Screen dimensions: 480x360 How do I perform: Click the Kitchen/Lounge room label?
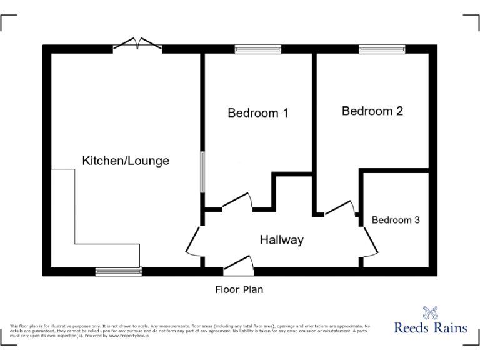tap(126, 161)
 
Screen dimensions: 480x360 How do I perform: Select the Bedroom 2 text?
tap(372, 111)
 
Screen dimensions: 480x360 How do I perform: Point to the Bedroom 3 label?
tap(396, 220)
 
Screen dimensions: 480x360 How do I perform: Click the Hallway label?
tap(281, 239)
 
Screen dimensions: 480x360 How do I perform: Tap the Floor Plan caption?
tap(239, 289)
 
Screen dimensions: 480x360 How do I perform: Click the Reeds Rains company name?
tap(431, 327)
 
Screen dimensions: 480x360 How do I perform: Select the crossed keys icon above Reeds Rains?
tap(430, 311)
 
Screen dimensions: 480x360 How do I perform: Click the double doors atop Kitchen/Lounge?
tap(138, 44)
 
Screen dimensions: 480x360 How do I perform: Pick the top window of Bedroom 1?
tap(258, 49)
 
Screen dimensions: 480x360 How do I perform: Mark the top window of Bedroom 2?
tap(381, 49)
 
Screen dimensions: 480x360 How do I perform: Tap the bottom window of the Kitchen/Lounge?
tap(119, 271)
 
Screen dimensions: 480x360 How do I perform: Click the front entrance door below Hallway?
tap(239, 266)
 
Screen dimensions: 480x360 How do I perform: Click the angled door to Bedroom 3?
tap(369, 242)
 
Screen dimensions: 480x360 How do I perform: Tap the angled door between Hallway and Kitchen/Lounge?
tap(194, 241)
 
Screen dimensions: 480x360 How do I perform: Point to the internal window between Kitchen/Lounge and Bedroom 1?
tap(202, 171)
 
